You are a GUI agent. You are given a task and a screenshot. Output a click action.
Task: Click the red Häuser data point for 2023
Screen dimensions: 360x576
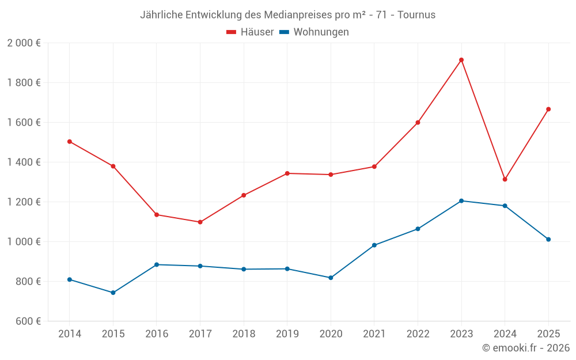[461, 60]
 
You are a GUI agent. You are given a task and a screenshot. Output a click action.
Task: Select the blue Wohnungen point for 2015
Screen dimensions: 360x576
[113, 293]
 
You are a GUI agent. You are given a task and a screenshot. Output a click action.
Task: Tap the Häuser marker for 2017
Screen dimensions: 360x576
[200, 222]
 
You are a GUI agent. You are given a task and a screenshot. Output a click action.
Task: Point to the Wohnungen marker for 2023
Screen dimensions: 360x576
[461, 201]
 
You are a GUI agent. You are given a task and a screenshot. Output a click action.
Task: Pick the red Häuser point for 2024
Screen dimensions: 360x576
[505, 179]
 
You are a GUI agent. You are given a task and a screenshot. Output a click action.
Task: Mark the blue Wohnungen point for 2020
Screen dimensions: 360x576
[331, 278]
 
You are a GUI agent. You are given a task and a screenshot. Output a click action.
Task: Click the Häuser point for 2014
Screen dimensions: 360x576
[70, 141]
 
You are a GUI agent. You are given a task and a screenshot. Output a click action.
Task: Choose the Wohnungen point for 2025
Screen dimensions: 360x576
[548, 239]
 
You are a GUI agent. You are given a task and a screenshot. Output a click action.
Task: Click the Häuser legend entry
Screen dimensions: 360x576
[250, 32]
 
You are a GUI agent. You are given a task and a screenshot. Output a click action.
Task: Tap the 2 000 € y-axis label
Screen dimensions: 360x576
[24, 43]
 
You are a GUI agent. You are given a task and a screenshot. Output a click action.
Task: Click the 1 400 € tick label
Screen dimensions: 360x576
[24, 162]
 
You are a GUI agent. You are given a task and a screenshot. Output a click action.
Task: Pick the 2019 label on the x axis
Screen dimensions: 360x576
[287, 334]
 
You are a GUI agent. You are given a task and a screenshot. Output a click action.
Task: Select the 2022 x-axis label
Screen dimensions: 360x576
[418, 334]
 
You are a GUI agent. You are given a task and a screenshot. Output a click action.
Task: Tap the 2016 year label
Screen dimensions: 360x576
[157, 334]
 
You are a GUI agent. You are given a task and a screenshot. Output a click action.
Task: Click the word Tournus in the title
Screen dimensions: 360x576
[416, 14]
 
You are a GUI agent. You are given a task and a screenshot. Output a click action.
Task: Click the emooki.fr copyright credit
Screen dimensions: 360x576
[526, 348]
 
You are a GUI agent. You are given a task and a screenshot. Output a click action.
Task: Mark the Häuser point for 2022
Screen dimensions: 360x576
[418, 122]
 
